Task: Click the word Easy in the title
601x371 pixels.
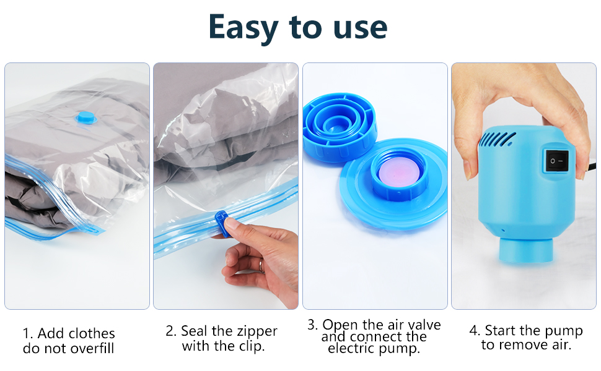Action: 243,27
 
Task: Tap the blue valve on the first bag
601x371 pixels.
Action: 82,116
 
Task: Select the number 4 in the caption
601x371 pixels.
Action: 473,331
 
